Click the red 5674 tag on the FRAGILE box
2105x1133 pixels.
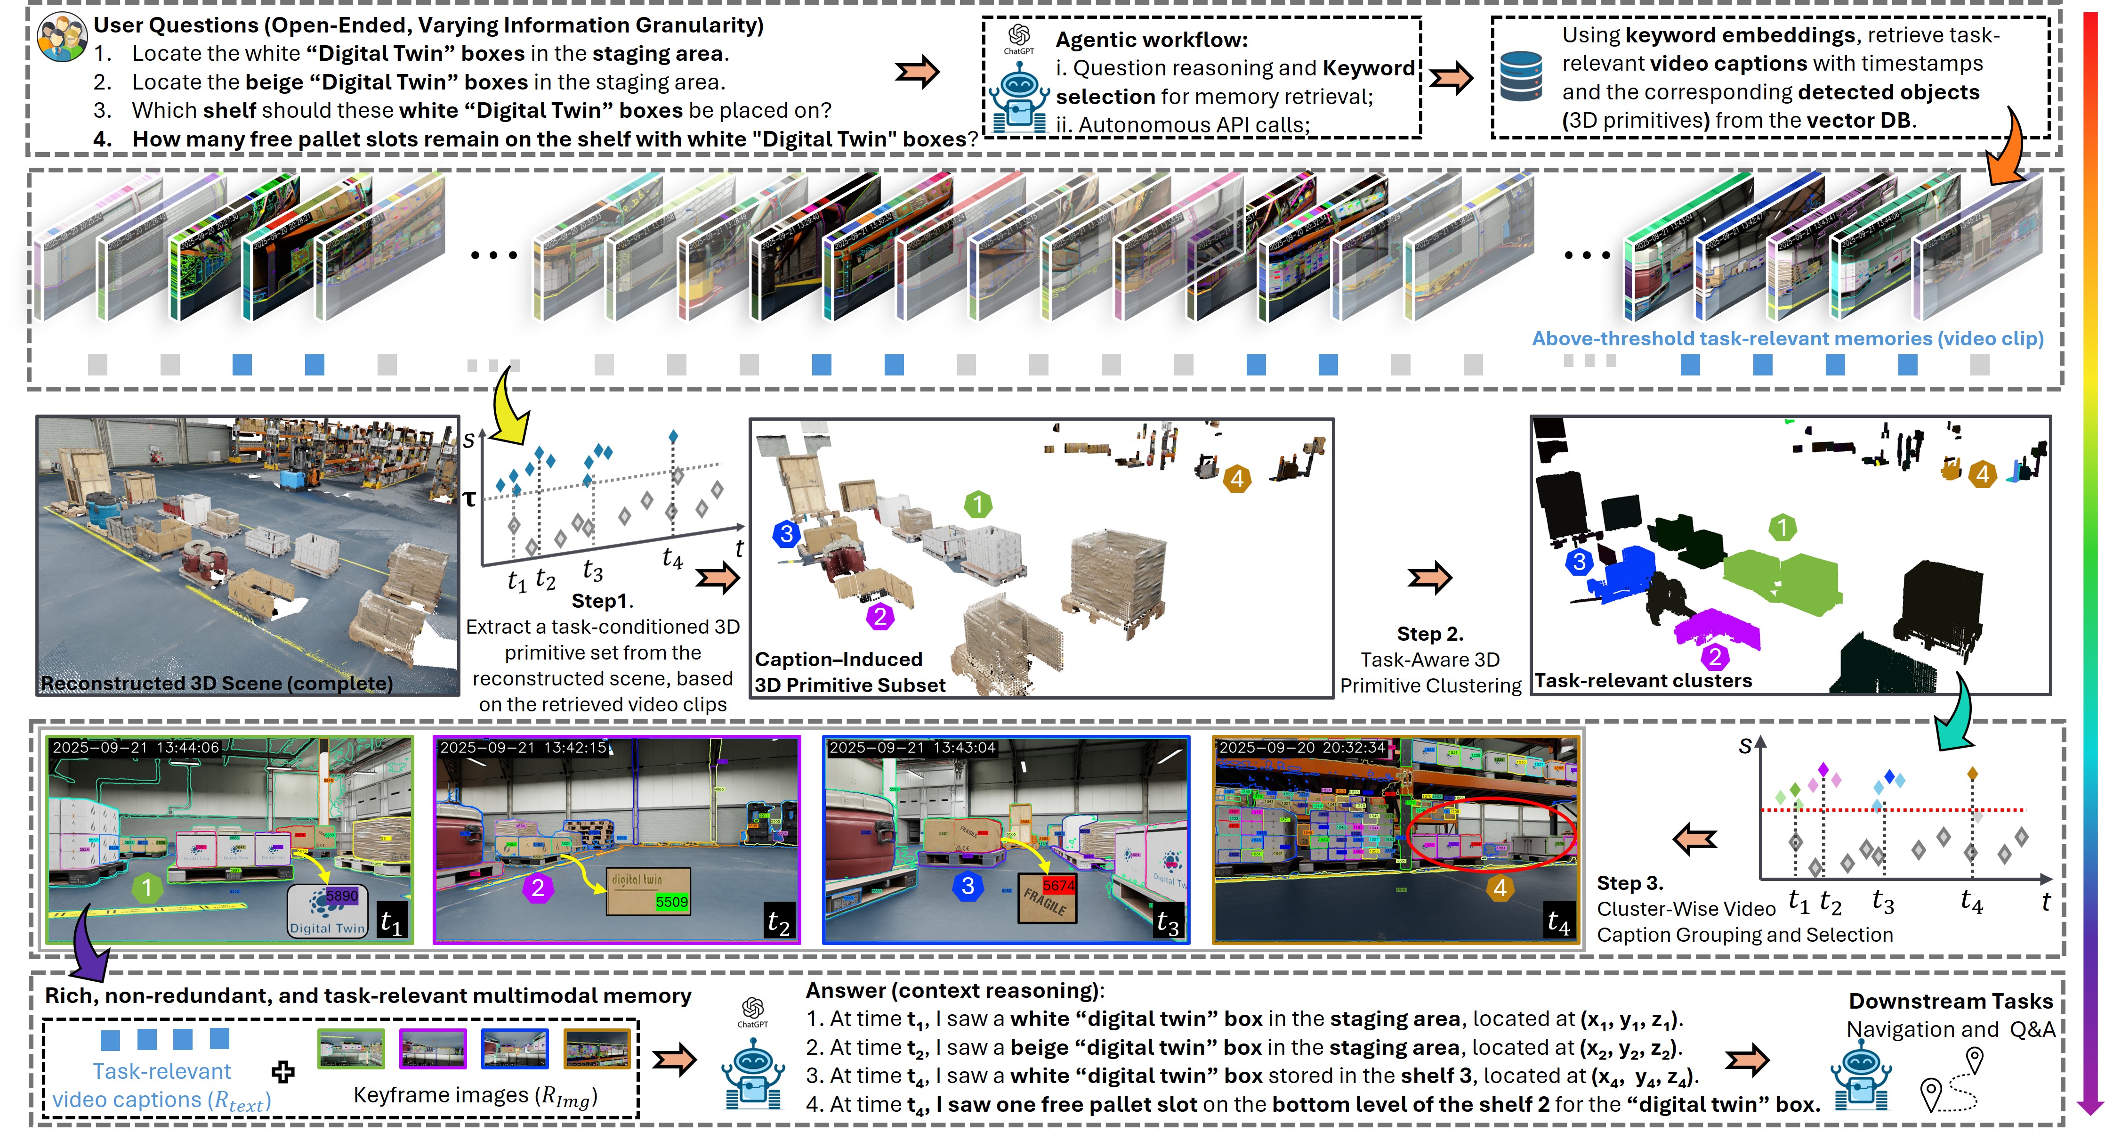(1058, 885)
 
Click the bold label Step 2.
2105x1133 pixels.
(1430, 634)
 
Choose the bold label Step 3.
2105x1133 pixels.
(1629, 883)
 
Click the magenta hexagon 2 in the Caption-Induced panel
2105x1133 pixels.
(880, 616)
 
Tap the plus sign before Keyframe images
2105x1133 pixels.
(283, 1072)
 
